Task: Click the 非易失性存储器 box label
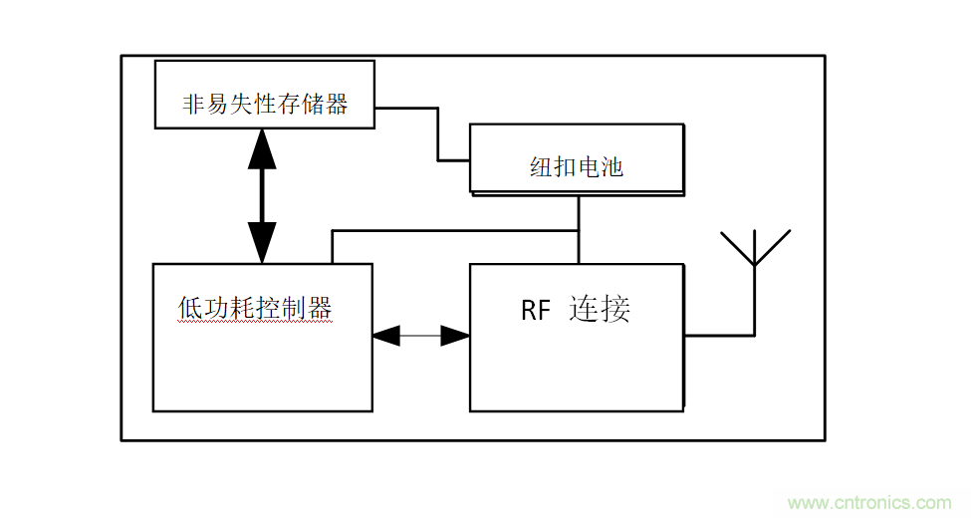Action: click(265, 105)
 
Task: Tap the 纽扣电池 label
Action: click(577, 166)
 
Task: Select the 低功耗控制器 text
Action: click(255, 308)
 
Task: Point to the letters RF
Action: click(536, 311)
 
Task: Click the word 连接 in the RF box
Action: click(601, 309)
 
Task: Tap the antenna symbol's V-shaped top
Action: click(755, 247)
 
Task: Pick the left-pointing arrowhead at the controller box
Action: click(385, 337)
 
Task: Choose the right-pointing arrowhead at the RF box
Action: click(456, 337)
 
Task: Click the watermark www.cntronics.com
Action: click(869, 502)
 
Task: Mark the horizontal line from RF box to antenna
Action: click(719, 337)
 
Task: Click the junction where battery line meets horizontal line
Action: click(579, 231)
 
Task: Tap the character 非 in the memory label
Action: click(193, 105)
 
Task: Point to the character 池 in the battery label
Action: click(612, 166)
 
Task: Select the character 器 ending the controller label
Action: click(320, 308)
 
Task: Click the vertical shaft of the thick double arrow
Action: click(262, 194)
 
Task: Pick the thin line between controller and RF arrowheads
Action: click(420, 337)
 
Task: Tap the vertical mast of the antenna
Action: click(755, 299)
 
